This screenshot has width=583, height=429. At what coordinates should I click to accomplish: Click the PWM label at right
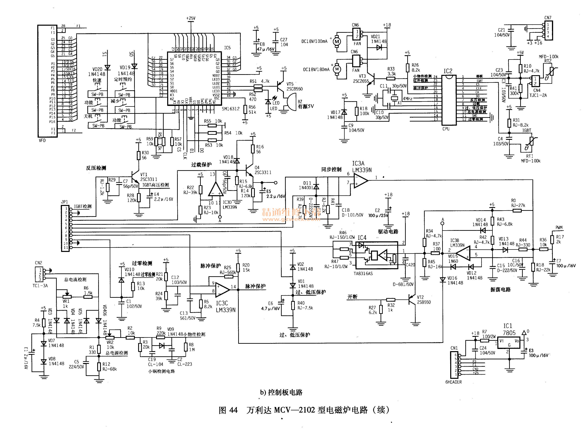559,227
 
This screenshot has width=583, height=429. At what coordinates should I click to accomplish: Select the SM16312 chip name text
231,109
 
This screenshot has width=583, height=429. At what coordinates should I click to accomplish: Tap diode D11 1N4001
316,186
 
